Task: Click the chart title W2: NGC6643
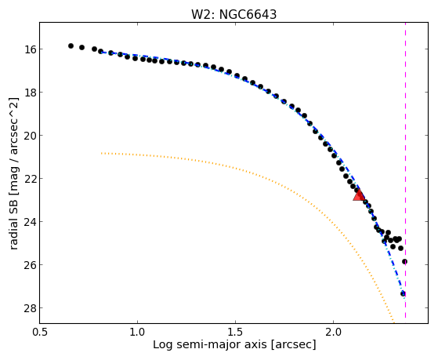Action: [233, 15]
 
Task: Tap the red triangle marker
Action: [359, 195]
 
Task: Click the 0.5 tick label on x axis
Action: [39, 332]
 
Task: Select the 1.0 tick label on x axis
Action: [137, 332]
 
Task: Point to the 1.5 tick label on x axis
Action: [236, 332]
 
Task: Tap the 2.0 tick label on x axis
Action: [334, 332]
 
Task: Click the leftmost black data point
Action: [71, 45]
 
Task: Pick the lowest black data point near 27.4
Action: [403, 293]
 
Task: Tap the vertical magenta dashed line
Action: [405, 170]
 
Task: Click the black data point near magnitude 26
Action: [404, 261]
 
